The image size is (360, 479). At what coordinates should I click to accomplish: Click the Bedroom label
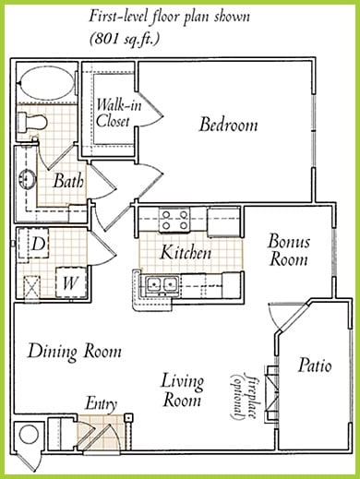click(228, 125)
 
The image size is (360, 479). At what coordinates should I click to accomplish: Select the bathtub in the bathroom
click(47, 83)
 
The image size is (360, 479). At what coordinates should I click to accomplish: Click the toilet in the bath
click(31, 122)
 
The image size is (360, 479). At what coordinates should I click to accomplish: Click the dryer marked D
click(34, 244)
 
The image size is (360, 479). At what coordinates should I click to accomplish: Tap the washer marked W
click(71, 282)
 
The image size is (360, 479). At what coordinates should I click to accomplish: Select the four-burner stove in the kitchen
click(174, 220)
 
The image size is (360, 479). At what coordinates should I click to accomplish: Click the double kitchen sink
click(162, 284)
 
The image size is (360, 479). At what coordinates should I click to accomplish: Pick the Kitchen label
click(186, 253)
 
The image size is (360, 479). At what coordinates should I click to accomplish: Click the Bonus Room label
click(288, 250)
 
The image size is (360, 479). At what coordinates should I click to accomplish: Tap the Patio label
click(315, 365)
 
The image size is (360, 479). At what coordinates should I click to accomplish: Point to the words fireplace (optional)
click(244, 396)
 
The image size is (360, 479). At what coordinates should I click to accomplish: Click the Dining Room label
click(75, 351)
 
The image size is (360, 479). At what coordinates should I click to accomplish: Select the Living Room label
click(182, 390)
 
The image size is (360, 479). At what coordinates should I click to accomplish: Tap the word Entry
click(101, 403)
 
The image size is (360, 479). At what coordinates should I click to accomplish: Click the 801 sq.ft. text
click(125, 39)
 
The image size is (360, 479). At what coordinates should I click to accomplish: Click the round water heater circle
click(29, 435)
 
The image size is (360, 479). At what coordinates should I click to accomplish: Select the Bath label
click(68, 181)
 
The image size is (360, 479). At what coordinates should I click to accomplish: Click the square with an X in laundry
click(32, 286)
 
